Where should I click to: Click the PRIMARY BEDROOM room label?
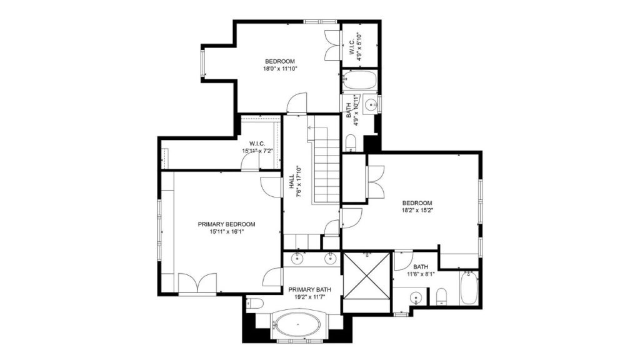pos(226,224)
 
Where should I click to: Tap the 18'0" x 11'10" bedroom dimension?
pos(280,69)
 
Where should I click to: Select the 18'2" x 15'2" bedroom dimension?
pos(417,211)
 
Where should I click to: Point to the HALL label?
pos(292,182)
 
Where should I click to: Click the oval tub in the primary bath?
pos(297,324)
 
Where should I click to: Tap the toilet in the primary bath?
pos(255,304)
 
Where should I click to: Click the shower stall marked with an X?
pos(366,276)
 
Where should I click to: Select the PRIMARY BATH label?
pos(309,290)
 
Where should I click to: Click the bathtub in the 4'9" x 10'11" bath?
pos(359,80)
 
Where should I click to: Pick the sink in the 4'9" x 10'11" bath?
pos(371,104)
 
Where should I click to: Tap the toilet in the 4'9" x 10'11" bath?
pos(351,143)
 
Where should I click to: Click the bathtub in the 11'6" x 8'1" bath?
pos(469,287)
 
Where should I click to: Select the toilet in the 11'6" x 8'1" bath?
pos(441,297)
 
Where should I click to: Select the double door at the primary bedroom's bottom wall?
pos(197,282)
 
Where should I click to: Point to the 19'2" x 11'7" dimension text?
pos(309,297)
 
